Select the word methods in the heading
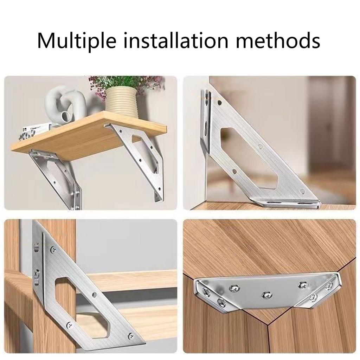[278, 41]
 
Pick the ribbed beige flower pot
[122, 102]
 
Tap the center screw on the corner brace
[267, 293]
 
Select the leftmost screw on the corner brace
[205, 290]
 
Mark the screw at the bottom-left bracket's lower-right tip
[131, 336]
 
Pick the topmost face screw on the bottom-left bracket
[53, 250]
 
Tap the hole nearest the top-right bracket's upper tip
[220, 103]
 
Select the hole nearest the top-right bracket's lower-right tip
[302, 192]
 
